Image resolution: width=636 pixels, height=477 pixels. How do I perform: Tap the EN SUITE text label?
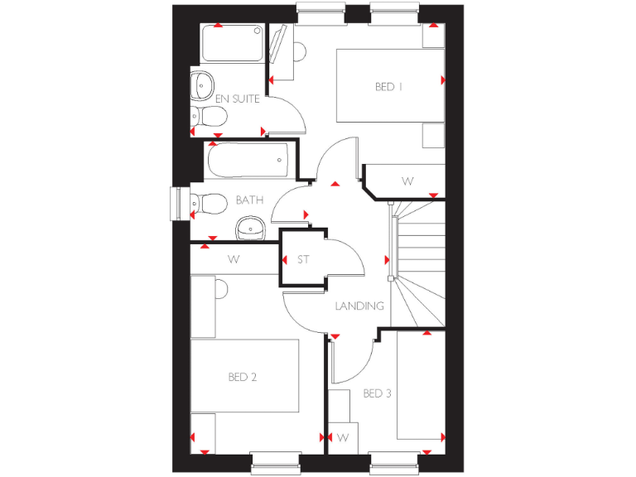(x=238, y=99)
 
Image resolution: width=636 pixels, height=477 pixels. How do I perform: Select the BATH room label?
(x=249, y=200)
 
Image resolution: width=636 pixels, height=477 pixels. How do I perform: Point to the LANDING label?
(x=359, y=306)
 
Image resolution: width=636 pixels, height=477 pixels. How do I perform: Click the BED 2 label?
(x=243, y=377)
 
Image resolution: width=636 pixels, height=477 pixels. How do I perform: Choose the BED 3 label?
(x=377, y=393)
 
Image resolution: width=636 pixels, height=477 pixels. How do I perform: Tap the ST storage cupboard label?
(x=303, y=260)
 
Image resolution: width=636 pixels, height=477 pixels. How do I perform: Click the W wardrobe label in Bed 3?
(x=342, y=436)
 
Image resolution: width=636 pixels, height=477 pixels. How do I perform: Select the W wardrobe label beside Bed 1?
(x=407, y=181)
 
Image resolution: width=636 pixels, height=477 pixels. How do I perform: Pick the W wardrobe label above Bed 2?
(x=234, y=259)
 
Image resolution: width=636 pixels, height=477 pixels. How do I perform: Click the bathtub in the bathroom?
(x=248, y=160)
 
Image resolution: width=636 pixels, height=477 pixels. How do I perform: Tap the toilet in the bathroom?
(x=209, y=203)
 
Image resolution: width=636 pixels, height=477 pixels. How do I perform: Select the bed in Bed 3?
(x=420, y=386)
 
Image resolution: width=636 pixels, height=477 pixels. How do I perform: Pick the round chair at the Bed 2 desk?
(x=220, y=289)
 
